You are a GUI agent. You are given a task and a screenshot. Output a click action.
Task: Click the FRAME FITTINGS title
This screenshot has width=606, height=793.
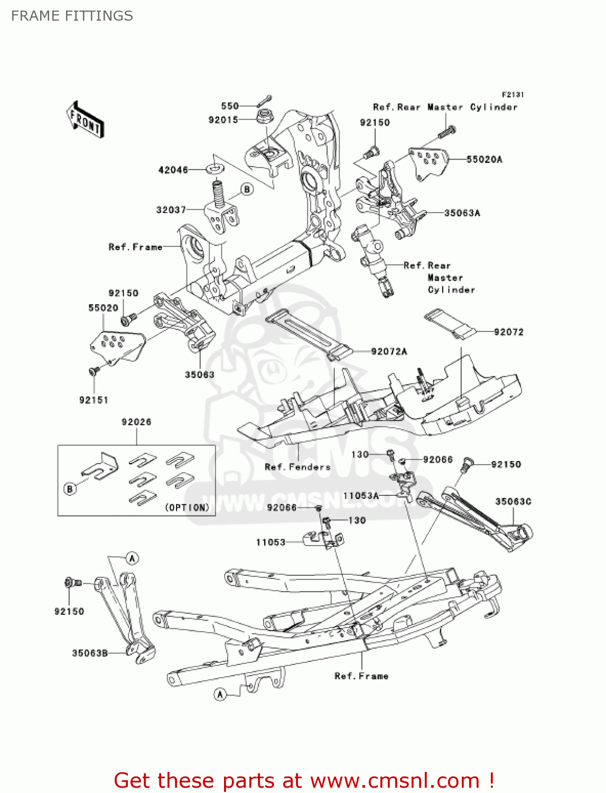(x=72, y=16)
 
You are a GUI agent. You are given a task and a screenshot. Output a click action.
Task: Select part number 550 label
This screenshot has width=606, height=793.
(x=230, y=106)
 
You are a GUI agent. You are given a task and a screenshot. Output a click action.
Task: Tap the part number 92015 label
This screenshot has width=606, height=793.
(x=223, y=120)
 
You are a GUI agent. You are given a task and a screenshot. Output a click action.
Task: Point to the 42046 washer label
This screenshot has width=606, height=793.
(x=173, y=170)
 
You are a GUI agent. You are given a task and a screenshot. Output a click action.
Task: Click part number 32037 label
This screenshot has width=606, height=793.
(x=171, y=210)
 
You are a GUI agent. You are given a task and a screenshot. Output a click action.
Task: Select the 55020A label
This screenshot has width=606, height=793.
(x=484, y=159)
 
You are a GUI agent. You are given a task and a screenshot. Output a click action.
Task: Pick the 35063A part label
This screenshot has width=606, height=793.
(x=462, y=213)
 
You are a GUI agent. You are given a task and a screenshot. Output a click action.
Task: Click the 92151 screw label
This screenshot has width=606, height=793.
(x=94, y=400)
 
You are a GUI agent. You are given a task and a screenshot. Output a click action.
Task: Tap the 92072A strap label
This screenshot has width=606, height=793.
(x=389, y=352)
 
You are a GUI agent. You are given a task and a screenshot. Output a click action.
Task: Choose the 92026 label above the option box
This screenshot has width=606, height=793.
(x=136, y=422)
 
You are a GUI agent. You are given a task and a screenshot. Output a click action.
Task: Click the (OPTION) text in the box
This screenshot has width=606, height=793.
(x=187, y=508)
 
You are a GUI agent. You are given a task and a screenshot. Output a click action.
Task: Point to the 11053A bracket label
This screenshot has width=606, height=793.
(x=361, y=496)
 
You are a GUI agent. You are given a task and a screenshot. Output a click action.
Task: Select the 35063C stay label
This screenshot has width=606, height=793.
(x=513, y=501)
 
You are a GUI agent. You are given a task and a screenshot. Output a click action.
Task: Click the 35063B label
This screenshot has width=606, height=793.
(x=90, y=653)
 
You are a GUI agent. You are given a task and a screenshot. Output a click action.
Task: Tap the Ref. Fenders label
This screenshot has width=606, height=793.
(x=297, y=467)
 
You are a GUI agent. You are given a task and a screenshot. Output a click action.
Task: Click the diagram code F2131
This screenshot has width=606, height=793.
(x=512, y=95)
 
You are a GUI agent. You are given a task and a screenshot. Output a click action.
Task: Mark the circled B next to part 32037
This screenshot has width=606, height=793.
(x=247, y=189)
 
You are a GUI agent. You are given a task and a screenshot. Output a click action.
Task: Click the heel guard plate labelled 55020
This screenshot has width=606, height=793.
(x=116, y=344)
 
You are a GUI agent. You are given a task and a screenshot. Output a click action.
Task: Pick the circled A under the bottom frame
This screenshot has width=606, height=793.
(x=221, y=694)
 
